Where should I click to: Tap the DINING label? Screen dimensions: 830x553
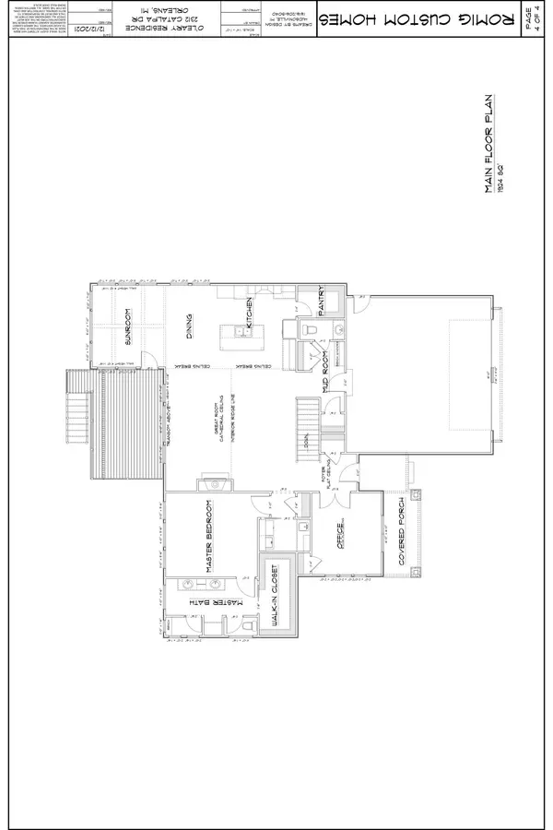189,325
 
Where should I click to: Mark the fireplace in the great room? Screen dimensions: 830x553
215,484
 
